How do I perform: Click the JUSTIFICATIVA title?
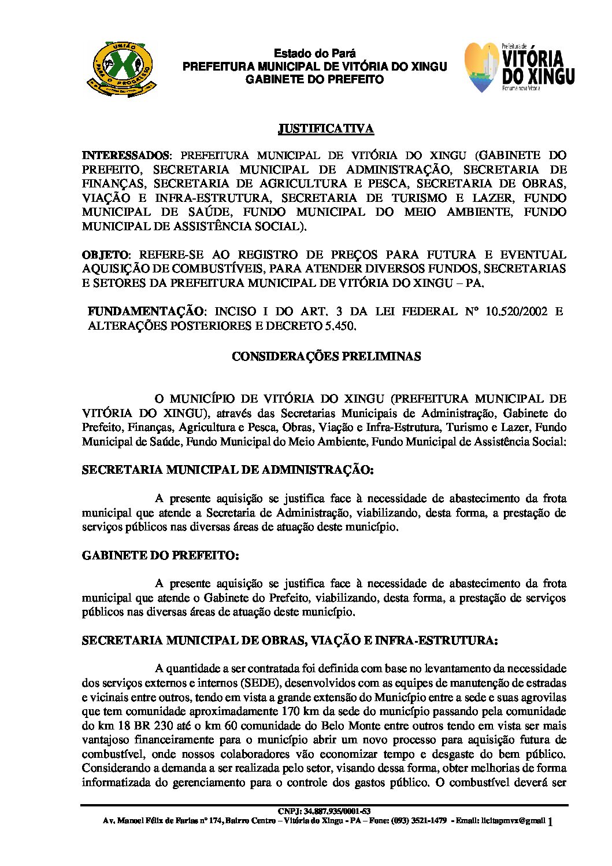pyautogui.click(x=326, y=128)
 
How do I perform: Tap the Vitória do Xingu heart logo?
pyautogui.click(x=483, y=68)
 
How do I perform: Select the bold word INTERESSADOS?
pyautogui.click(x=125, y=156)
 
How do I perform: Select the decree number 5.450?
pyautogui.click(x=337, y=326)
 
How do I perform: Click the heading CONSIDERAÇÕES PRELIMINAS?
pyautogui.click(x=326, y=356)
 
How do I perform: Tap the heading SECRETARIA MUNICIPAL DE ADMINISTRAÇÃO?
pyautogui.click(x=228, y=470)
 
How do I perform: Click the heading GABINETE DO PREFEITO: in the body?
pyautogui.click(x=160, y=555)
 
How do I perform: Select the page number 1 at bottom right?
pyautogui.click(x=550, y=821)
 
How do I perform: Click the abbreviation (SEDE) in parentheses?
pyautogui.click(x=243, y=683)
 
